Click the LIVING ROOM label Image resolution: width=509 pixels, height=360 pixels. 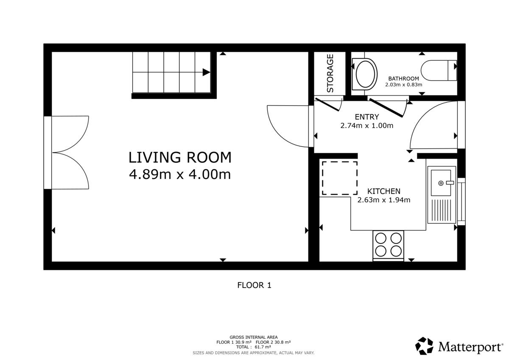(180, 157)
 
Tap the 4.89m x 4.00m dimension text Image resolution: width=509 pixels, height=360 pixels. (180, 174)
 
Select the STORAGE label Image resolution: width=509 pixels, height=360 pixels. (330, 73)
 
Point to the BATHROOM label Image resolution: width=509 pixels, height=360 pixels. (403, 78)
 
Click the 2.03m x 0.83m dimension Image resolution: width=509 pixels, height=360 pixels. (403, 85)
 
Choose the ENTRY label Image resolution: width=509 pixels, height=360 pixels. (367, 117)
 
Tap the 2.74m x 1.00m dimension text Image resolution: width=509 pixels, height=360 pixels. (367, 126)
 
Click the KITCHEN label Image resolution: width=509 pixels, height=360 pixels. (384, 191)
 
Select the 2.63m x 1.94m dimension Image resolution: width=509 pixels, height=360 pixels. (384, 200)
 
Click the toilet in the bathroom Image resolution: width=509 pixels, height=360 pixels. (439, 70)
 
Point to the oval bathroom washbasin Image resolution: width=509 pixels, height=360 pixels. (365, 74)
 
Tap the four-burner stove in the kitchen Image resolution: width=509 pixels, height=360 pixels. (388, 246)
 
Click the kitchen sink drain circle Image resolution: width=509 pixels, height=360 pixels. (441, 183)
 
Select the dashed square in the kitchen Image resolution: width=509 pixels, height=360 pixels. (340, 178)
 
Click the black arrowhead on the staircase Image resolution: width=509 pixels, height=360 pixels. (206, 72)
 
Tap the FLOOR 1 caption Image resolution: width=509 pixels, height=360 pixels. (254, 285)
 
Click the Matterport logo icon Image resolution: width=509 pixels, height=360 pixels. (424, 346)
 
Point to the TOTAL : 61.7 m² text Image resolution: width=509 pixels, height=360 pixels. (254, 347)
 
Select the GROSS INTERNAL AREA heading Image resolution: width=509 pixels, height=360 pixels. (254, 337)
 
